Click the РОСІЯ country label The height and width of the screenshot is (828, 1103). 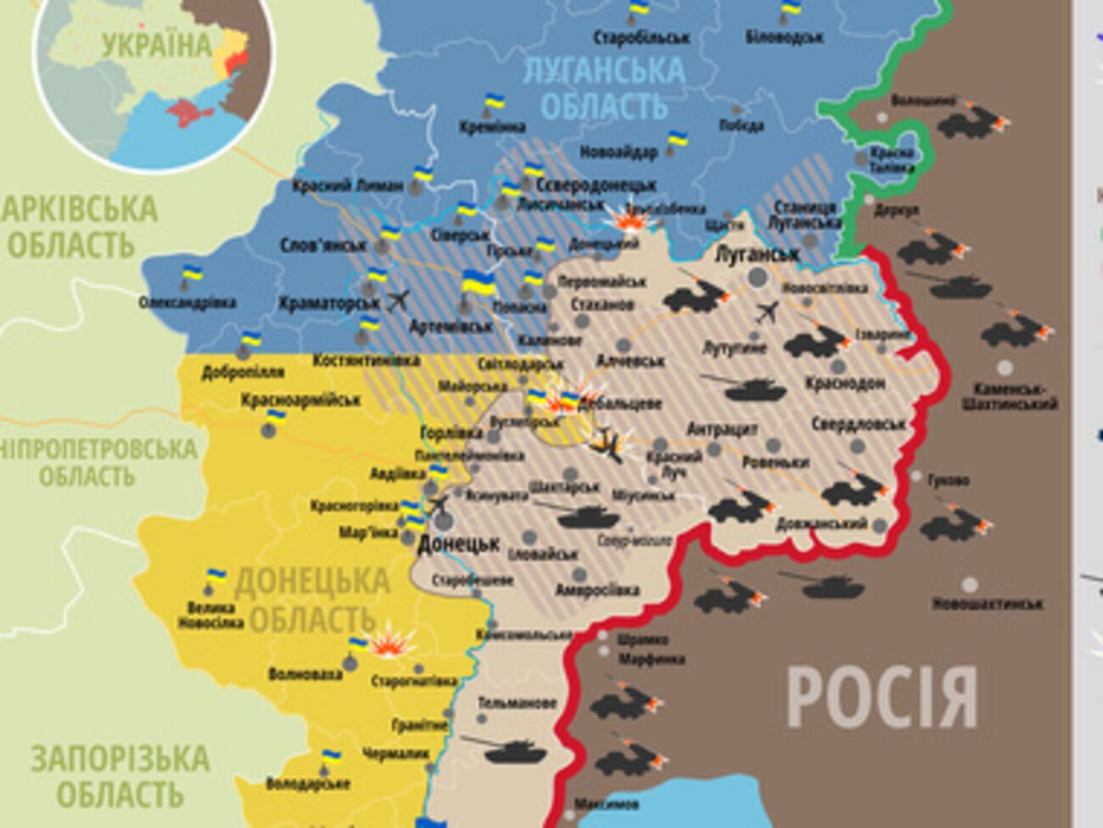pyautogui.click(x=882, y=696)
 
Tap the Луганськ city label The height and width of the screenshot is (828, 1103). pyautogui.click(x=757, y=254)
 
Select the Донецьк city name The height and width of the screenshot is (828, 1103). pyautogui.click(x=459, y=544)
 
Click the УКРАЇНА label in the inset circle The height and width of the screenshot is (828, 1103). pyautogui.click(x=157, y=44)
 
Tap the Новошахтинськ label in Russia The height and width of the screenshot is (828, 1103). pyautogui.click(x=987, y=604)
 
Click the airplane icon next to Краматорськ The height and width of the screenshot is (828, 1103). pyautogui.click(x=397, y=300)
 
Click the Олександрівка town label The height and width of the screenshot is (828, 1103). pyautogui.click(x=188, y=302)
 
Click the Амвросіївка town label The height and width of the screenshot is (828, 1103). pyautogui.click(x=597, y=589)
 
